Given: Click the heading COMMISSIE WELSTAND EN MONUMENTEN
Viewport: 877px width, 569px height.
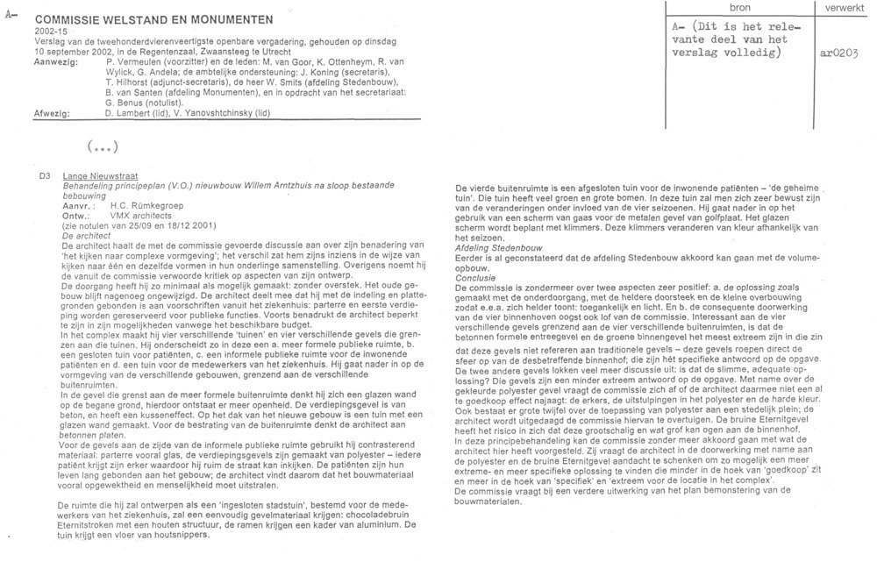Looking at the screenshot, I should (x=153, y=18).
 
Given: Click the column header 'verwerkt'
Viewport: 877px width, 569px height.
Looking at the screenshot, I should (x=843, y=7).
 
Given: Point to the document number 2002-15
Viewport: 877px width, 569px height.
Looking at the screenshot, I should (x=51, y=30).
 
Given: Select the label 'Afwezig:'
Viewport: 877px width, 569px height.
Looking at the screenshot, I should (x=53, y=114).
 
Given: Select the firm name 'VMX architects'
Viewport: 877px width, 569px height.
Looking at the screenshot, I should (x=140, y=214).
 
